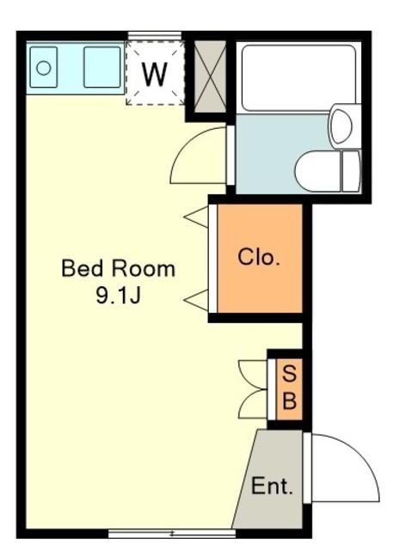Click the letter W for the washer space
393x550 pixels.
point(155,75)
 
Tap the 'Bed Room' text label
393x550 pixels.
point(119,269)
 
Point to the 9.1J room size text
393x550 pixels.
point(119,296)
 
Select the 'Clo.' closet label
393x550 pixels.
point(259,257)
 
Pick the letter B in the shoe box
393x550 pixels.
point(290,400)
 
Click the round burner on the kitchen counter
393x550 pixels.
point(44,68)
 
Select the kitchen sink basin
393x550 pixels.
point(102,67)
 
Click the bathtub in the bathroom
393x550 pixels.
point(298,78)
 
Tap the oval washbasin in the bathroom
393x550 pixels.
point(341,126)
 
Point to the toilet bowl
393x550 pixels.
point(318,172)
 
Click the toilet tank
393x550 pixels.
point(351,172)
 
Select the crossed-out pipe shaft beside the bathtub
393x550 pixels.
point(210,76)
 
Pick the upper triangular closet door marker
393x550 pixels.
point(196,217)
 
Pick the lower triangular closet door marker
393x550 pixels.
point(196,300)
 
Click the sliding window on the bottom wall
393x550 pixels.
point(172,534)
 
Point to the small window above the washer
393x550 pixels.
point(155,35)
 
